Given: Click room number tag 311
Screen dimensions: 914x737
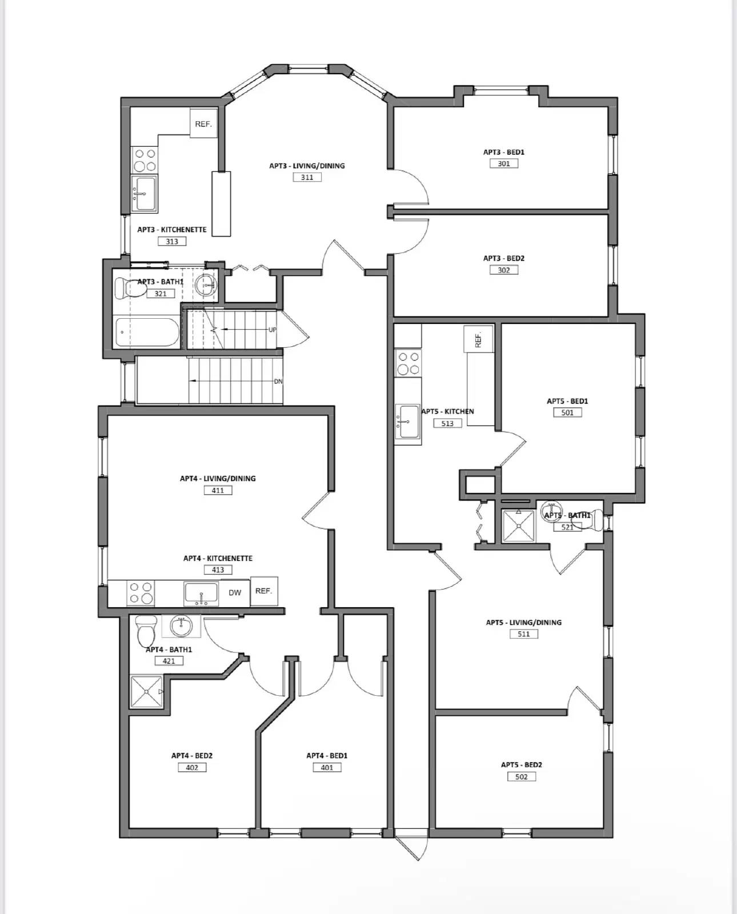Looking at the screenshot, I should (x=307, y=177).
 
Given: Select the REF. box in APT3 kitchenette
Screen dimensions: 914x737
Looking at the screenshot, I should (x=203, y=123).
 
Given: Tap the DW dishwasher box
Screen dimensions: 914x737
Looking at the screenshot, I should (x=235, y=592).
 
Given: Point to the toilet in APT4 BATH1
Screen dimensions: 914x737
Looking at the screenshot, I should (x=146, y=631).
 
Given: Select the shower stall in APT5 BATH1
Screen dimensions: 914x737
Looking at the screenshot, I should (x=518, y=526).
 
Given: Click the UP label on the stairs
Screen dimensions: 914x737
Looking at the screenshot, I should (x=273, y=330).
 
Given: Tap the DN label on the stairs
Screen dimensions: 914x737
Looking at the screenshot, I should (x=278, y=381).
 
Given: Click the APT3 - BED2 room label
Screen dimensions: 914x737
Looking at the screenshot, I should (x=503, y=258).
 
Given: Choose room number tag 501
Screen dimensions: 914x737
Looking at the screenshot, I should (x=567, y=412).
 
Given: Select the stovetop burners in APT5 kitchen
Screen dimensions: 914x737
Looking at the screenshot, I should (x=408, y=363).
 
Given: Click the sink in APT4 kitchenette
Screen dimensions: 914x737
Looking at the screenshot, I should (x=201, y=594).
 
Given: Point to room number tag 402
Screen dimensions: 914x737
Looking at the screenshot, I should (x=192, y=767).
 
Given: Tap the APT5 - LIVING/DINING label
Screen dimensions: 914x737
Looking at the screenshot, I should (x=523, y=622).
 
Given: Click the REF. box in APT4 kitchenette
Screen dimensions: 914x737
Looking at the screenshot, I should (x=264, y=591).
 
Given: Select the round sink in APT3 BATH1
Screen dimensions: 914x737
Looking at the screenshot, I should (x=205, y=284).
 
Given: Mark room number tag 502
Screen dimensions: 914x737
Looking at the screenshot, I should (x=522, y=776).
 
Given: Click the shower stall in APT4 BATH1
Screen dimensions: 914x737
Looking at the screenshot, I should (x=146, y=692).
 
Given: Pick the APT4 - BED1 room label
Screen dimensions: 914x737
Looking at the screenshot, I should (x=327, y=755).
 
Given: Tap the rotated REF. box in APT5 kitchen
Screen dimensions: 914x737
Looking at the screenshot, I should (x=479, y=339).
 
